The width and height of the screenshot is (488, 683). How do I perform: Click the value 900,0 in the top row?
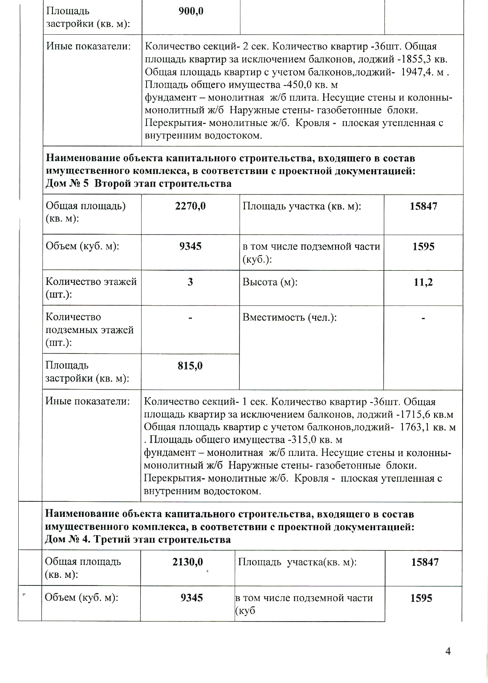click(x=191, y=12)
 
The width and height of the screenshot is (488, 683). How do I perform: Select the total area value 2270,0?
click(x=190, y=206)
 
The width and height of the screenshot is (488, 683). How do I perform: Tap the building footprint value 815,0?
click(x=190, y=366)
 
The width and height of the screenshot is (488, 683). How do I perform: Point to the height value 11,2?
click(x=423, y=282)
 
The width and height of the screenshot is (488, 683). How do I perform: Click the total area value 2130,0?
click(x=187, y=562)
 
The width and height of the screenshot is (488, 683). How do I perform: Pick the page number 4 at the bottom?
click(x=448, y=651)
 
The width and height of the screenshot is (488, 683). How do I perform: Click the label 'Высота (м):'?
click(x=270, y=282)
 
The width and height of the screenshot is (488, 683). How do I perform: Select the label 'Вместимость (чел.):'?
click(x=289, y=317)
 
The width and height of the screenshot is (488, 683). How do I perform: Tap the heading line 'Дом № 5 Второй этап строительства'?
click(x=138, y=184)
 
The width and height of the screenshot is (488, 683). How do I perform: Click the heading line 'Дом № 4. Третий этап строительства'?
click(x=138, y=540)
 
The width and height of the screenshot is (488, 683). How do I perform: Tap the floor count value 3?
click(x=190, y=282)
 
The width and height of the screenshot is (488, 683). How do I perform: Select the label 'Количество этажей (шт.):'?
click(x=91, y=288)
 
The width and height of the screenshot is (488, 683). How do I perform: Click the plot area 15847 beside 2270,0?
click(x=423, y=206)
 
